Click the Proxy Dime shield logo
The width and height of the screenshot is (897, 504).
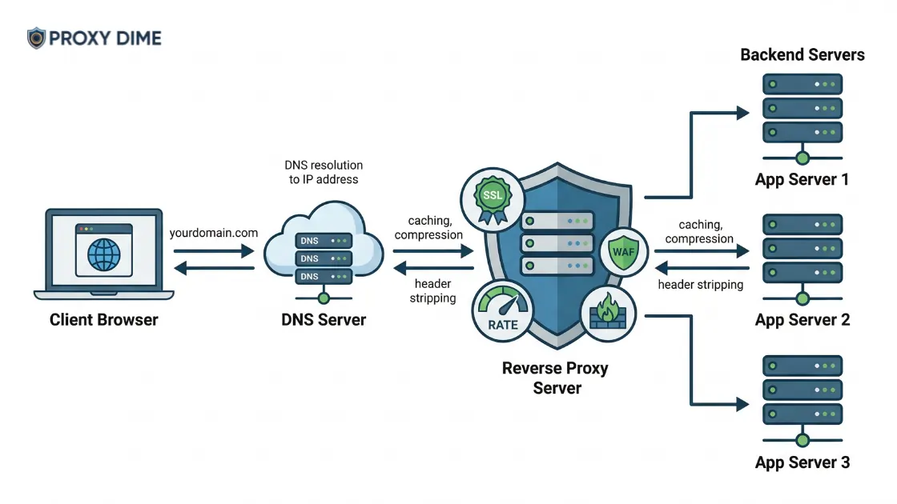[37, 38]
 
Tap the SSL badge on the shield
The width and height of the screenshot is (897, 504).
[492, 196]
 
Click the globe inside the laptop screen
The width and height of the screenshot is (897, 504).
[104, 254]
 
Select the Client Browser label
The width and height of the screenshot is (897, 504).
[104, 320]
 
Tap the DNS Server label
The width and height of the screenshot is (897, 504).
[324, 320]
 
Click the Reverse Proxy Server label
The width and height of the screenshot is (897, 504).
[555, 378]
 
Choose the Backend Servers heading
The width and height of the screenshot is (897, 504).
[802, 55]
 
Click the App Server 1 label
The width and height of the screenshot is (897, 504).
[802, 179]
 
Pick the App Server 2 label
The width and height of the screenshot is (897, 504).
[802, 320]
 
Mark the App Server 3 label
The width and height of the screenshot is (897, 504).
[802, 462]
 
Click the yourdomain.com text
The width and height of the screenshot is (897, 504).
[214, 233]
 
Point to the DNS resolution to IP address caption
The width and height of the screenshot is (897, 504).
[324, 172]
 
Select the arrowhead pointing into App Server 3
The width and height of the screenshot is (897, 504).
[742, 404]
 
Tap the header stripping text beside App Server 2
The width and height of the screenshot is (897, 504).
[700, 285]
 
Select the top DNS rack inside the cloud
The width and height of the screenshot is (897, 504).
[324, 240]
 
